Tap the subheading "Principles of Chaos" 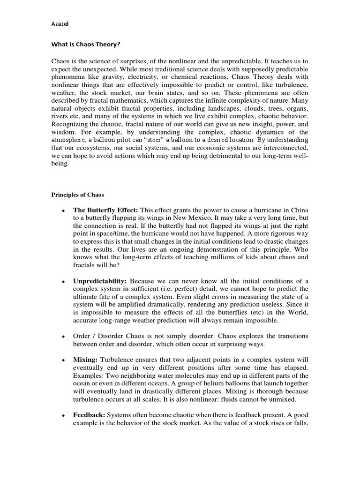point(77,195)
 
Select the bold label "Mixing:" point(85,360)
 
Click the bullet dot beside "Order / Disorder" point(62,337)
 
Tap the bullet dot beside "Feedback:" point(62,415)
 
